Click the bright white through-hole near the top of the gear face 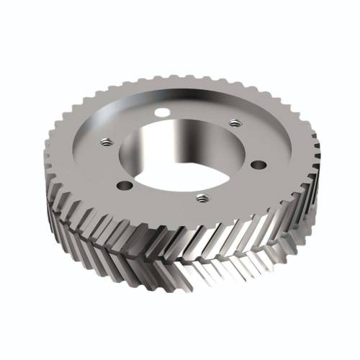pyautogui.click(x=164, y=112)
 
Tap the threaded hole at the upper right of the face pyautogui.click(x=232, y=123)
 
